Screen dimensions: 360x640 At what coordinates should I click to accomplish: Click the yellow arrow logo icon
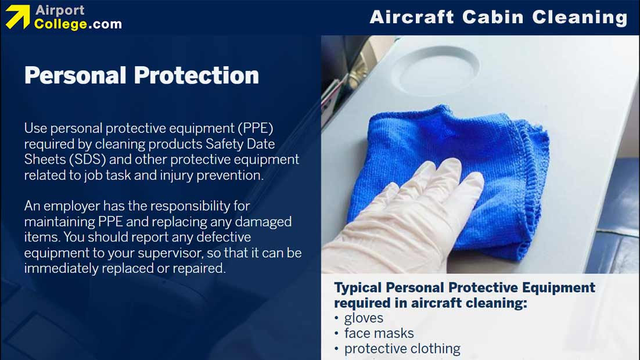[17, 17]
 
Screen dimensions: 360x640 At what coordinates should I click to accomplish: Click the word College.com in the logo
[78, 24]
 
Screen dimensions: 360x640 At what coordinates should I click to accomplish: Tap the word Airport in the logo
[60, 10]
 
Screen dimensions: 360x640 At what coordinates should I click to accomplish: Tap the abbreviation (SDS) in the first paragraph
[76, 159]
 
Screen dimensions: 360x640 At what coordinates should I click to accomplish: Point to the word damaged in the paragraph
[264, 222]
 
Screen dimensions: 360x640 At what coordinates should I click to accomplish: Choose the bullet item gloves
[364, 318]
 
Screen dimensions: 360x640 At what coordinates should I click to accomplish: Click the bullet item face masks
[379, 333]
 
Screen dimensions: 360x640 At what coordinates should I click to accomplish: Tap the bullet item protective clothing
[402, 348]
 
